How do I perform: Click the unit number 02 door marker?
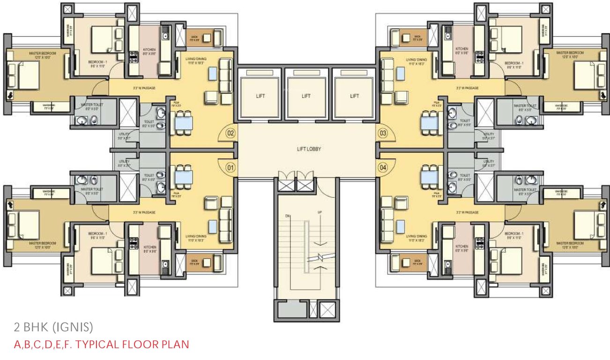tap(230, 133)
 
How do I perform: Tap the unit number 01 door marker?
tap(230, 166)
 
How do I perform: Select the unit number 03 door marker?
tap(383, 133)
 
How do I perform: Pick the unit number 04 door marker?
tap(383, 166)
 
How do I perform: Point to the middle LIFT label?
tap(306, 96)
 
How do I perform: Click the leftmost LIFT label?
tap(260, 96)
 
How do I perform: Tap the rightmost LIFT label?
tap(354, 96)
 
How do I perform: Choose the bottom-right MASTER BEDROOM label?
tap(570, 244)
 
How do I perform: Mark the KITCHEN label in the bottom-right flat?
tap(462, 246)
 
